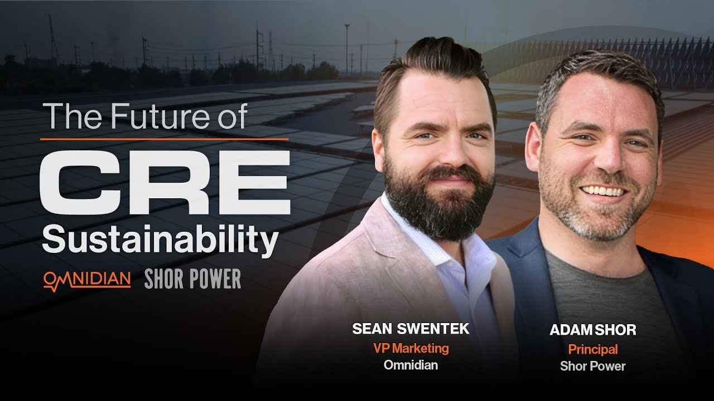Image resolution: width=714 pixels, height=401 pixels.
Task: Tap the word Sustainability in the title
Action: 160,241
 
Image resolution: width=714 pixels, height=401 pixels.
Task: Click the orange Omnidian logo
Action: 87,279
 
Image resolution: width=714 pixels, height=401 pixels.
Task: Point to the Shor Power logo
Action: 192,279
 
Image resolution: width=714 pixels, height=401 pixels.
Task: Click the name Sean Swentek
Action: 411,329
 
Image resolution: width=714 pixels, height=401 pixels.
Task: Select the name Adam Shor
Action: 592,330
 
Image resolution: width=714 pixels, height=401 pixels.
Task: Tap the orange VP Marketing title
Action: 411,348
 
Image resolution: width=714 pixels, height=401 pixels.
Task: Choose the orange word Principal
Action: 592,350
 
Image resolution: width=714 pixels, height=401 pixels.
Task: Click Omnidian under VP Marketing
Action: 411,365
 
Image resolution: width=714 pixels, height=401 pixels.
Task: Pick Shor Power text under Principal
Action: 592,366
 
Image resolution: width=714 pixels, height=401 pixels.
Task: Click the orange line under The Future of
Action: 165,139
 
